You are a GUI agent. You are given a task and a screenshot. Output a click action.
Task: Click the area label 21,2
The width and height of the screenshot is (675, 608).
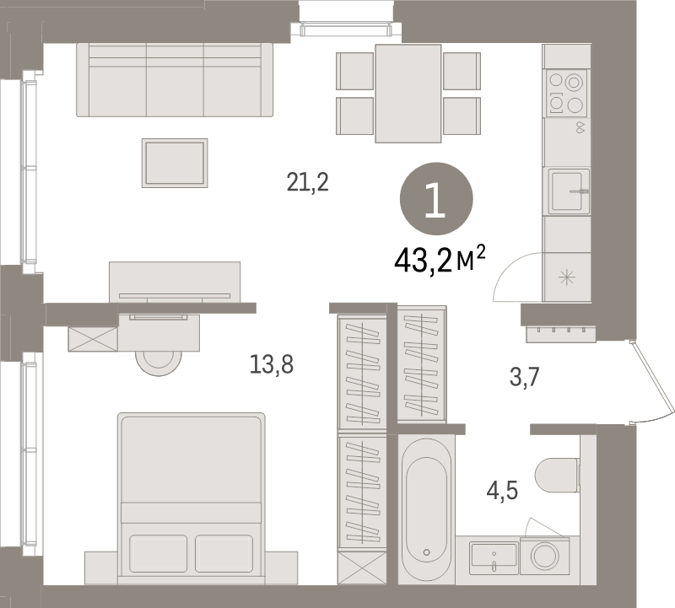(x=307, y=182)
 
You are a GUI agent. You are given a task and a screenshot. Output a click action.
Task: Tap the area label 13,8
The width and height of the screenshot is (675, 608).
(x=272, y=364)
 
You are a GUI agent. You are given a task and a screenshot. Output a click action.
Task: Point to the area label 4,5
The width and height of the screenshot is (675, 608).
(x=502, y=490)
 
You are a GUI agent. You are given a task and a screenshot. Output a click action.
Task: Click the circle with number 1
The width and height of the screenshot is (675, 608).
(x=435, y=199)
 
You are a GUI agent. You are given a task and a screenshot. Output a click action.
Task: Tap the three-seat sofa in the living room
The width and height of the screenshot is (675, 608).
(x=175, y=80)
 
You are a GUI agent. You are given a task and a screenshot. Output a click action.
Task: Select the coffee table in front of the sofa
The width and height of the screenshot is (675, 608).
(x=175, y=162)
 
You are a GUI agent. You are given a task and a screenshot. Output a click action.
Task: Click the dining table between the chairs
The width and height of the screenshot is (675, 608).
(x=408, y=93)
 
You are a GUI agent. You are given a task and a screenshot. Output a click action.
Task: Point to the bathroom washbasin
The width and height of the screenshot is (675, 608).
(x=494, y=557)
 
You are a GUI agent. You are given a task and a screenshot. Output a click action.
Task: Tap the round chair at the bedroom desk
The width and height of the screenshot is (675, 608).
(x=159, y=361)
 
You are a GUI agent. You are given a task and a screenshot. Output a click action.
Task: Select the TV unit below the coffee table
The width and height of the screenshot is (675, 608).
(x=175, y=280)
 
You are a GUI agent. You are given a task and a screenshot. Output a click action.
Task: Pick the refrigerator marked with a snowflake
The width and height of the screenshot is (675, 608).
(x=566, y=277)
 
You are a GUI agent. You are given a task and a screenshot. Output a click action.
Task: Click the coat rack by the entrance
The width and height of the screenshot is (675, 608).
(x=561, y=334)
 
